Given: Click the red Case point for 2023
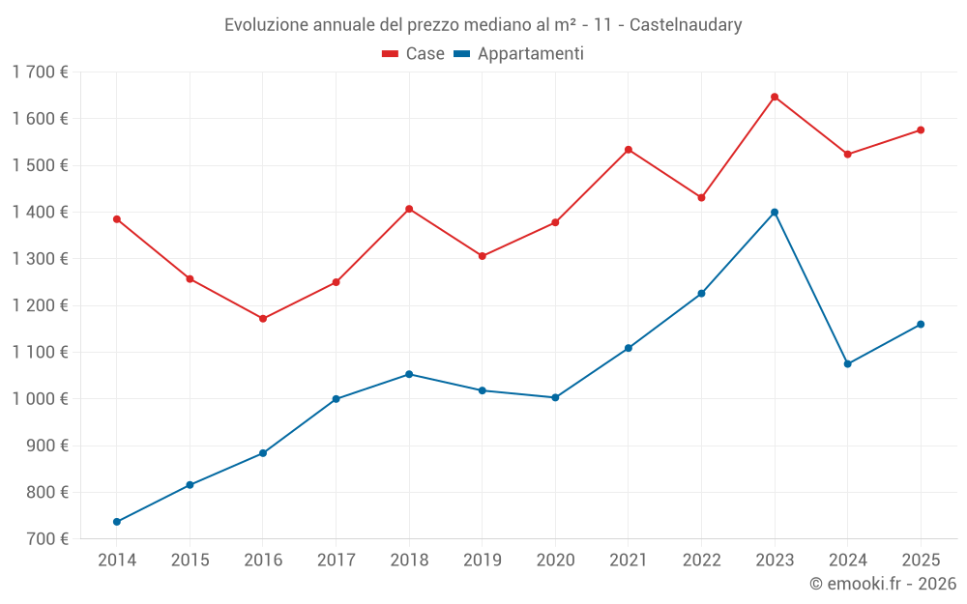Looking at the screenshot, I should pyautogui.click(x=775, y=97).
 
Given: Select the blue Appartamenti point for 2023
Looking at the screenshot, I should pyautogui.click(x=775, y=212).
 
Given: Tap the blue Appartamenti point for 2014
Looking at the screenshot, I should pyautogui.click(x=117, y=522).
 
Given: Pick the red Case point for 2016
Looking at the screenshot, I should pyautogui.click(x=263, y=318).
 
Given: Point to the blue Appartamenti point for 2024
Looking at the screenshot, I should pyautogui.click(x=848, y=363).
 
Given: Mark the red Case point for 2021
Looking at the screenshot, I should pyautogui.click(x=629, y=150).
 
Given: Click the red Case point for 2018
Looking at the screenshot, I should pyautogui.click(x=409, y=209).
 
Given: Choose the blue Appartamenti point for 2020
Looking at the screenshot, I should pyautogui.click(x=555, y=397).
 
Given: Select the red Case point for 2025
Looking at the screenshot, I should pyautogui.click(x=921, y=129).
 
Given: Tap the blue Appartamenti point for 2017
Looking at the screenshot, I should pyautogui.click(x=336, y=399).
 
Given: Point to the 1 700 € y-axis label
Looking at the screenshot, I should pyautogui.click(x=41, y=72).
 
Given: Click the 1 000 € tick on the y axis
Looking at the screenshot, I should pyautogui.click(x=41, y=399).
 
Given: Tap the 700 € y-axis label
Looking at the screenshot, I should pyautogui.click(x=46, y=539).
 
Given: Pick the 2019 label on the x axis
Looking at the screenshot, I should pyautogui.click(x=482, y=561).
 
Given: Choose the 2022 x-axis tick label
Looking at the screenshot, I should pyautogui.click(x=701, y=561).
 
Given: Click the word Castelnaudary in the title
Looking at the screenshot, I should pyautogui.click(x=686, y=25).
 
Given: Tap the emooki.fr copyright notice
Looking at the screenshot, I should pyautogui.click(x=882, y=584).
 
